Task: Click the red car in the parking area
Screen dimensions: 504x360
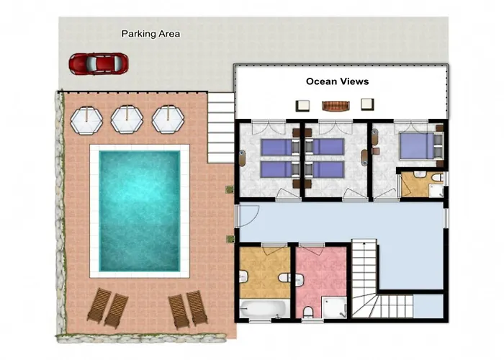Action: click(x=99, y=63)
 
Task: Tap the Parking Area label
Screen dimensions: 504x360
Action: click(x=150, y=34)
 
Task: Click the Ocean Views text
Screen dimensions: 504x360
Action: click(x=337, y=81)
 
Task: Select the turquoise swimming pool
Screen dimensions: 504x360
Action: click(x=139, y=211)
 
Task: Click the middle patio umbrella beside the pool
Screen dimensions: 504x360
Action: click(x=127, y=120)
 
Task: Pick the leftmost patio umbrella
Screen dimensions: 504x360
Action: click(x=86, y=120)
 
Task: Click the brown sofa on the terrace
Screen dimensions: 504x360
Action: click(x=336, y=106)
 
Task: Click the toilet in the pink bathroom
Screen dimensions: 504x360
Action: click(x=308, y=312)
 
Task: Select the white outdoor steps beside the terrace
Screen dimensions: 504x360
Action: click(x=221, y=127)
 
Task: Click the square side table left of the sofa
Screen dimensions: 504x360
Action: click(x=302, y=105)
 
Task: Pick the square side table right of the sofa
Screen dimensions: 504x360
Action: click(x=367, y=104)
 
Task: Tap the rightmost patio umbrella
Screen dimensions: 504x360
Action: click(x=168, y=120)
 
